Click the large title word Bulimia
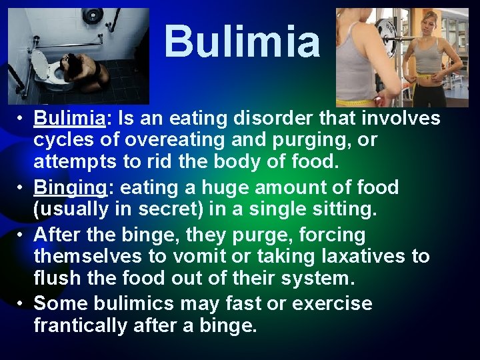(242, 41)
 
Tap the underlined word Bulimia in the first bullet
(69, 119)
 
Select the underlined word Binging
(69, 188)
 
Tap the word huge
(197, 188)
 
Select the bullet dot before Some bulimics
(21, 304)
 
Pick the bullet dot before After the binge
(21, 235)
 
